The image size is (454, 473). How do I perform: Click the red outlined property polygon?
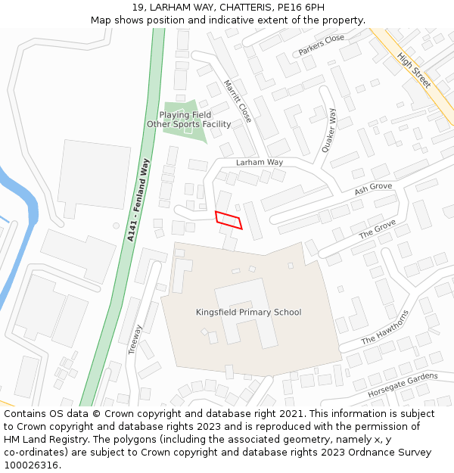[x=229, y=220]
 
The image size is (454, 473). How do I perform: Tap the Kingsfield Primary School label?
[x=248, y=313]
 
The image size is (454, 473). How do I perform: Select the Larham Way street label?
[x=259, y=163]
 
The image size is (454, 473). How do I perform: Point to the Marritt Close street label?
[x=238, y=101]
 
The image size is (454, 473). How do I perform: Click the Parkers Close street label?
[x=321, y=45]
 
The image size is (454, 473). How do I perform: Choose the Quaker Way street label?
[x=328, y=131]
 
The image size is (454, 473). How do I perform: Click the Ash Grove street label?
[x=373, y=188]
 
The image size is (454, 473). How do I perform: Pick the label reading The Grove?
[x=377, y=229]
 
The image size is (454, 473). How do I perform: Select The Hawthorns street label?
[x=385, y=327]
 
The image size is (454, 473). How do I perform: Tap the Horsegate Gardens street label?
[x=403, y=385]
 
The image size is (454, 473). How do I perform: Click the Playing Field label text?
[x=185, y=115]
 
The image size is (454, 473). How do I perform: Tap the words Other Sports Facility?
[x=188, y=124]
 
